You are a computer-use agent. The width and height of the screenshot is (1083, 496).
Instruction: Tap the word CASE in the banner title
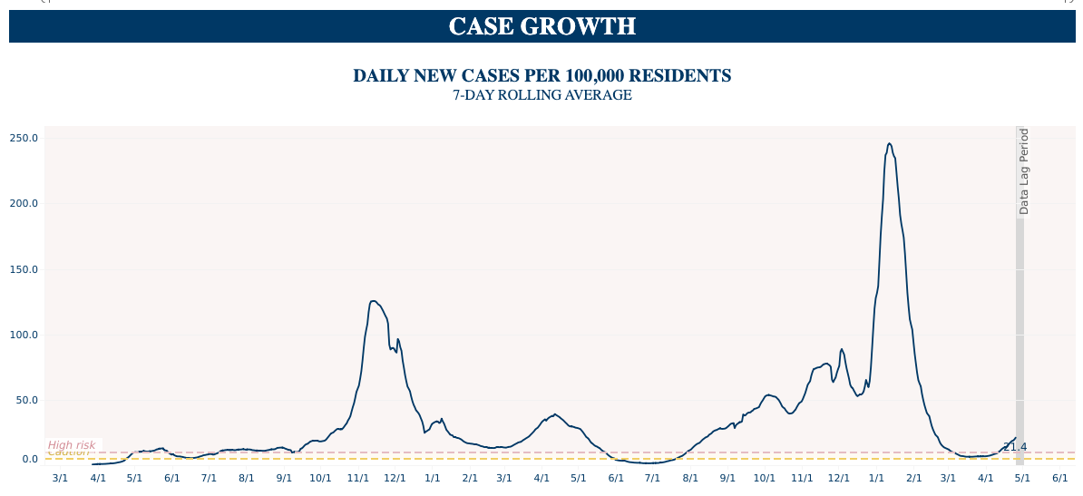tap(480, 27)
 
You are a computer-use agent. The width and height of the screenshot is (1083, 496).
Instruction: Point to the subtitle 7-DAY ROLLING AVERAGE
tap(541, 95)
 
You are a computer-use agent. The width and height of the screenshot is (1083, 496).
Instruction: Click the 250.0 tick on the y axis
tap(24, 139)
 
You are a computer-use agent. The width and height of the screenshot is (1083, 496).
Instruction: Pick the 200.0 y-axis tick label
tap(24, 204)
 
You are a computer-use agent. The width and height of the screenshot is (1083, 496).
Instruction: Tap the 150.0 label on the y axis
tap(24, 270)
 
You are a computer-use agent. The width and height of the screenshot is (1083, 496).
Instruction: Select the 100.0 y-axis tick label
tap(24, 336)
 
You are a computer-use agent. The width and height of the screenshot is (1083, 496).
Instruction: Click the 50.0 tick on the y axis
tap(26, 401)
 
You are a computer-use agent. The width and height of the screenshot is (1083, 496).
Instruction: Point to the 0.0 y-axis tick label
tap(29, 460)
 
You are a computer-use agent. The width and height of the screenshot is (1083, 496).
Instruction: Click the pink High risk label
tap(72, 445)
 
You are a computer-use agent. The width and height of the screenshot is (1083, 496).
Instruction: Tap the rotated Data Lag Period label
tap(1024, 171)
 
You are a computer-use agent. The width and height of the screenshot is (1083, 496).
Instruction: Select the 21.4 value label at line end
tap(1015, 447)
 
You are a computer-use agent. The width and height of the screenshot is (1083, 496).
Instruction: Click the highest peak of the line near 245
tap(889, 143)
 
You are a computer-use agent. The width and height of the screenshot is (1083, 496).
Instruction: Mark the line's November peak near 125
tap(373, 301)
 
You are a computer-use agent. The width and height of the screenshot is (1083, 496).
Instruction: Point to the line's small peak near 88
tap(842, 349)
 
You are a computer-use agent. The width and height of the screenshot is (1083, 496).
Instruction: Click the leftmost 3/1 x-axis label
tap(60, 478)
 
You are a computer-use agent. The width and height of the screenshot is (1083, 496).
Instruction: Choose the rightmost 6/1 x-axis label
tap(1059, 478)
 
